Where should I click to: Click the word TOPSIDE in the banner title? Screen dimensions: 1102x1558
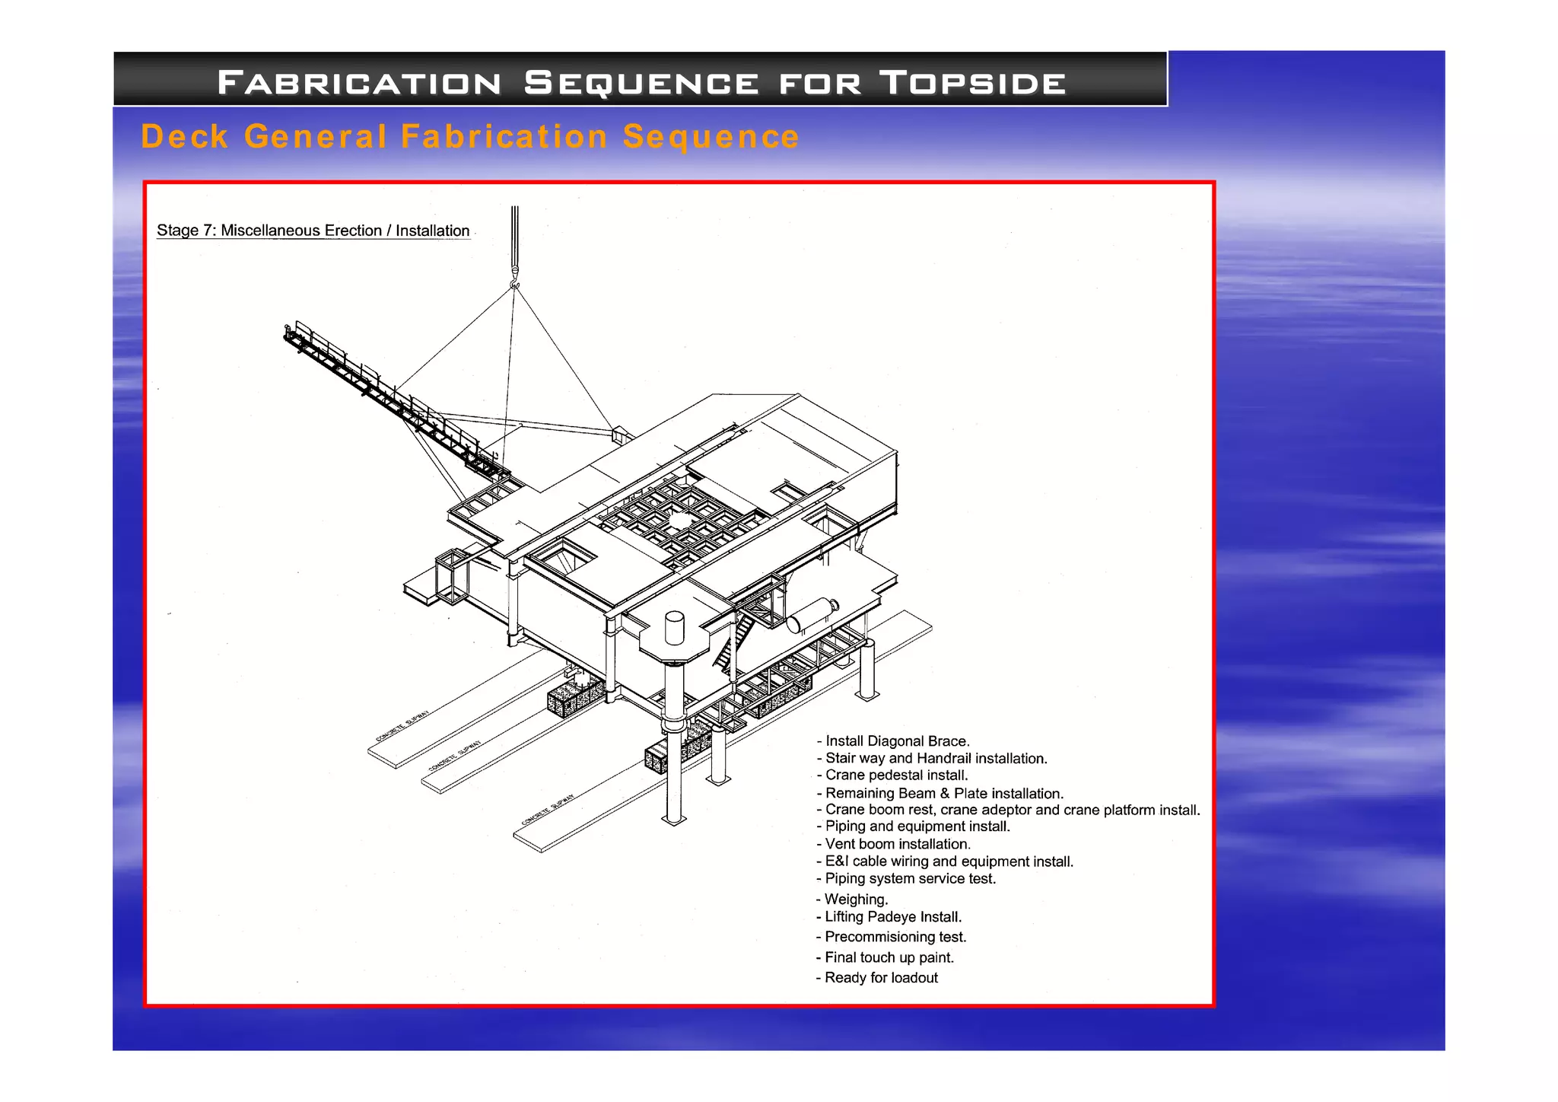(973, 82)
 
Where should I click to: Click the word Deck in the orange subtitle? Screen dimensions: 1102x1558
(185, 137)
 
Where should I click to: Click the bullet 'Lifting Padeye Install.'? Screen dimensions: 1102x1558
(889, 917)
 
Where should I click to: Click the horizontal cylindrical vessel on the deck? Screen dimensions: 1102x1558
(812, 614)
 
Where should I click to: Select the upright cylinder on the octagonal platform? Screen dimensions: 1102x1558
(674, 628)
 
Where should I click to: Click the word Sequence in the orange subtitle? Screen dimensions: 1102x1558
(711, 137)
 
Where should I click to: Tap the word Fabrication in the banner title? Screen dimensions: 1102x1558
(359, 82)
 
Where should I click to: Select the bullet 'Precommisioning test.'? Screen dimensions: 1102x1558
(891, 938)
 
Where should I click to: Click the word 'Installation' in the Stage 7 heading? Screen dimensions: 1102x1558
(432, 231)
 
